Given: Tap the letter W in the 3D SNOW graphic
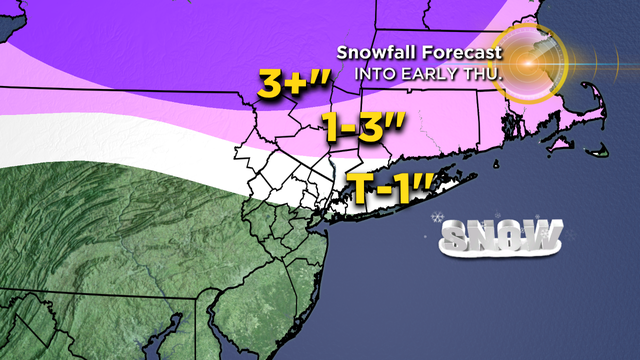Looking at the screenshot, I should [x=541, y=237].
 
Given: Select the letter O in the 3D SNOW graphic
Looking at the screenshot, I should [x=513, y=237].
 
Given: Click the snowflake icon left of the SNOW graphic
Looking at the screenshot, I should [x=437, y=218].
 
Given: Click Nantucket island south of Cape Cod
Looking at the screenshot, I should [x=597, y=155].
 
